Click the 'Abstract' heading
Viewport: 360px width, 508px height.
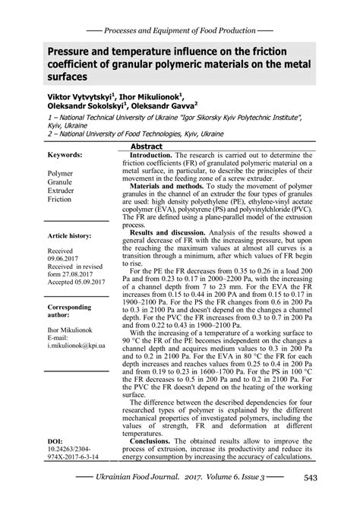147,146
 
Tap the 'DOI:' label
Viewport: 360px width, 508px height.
57,440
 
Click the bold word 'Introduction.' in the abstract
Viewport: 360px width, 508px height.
158,154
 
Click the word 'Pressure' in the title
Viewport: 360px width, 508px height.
51,50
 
